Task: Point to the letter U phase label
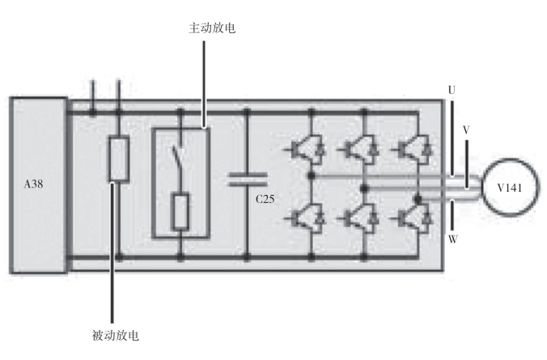450,91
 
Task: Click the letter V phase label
465,129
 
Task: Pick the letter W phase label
452,239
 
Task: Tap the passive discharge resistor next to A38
119,159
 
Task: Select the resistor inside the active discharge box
181,211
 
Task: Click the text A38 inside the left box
35,184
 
